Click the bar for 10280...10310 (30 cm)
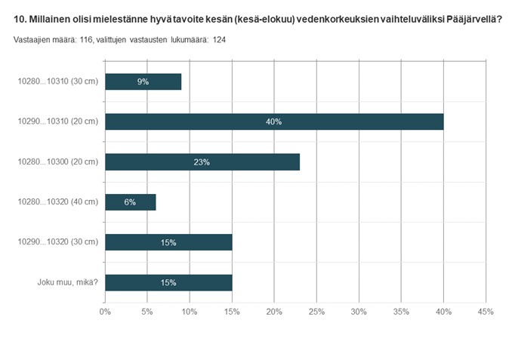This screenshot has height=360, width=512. tap(143, 82)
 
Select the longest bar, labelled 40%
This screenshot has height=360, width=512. tap(274, 122)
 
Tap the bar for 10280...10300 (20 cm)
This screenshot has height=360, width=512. tap(202, 162)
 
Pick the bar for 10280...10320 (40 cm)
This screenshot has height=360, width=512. tap(131, 202)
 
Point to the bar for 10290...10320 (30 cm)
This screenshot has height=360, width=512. tap(168, 242)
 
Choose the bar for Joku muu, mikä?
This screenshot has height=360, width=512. tap(168, 282)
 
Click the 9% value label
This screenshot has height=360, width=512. tap(143, 82)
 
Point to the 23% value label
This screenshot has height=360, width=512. tap(202, 162)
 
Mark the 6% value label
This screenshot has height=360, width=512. tap(131, 202)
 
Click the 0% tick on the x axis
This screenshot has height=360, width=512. tap(105, 310)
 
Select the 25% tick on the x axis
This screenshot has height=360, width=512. tap(316, 310)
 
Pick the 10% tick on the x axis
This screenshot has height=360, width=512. tap(190, 310)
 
